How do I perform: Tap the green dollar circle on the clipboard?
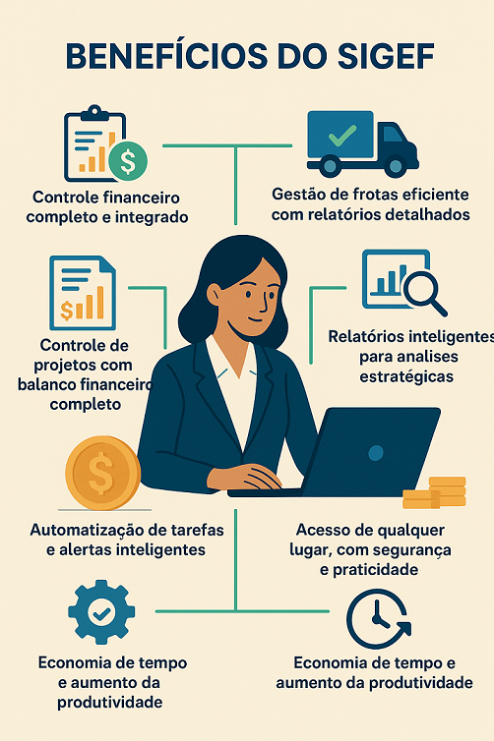click(x=128, y=160)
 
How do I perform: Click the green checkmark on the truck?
click(x=342, y=135)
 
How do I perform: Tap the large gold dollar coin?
click(x=102, y=473)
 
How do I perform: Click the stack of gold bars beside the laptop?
click(x=434, y=493)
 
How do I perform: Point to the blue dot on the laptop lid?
click(x=376, y=453)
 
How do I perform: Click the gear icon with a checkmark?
click(x=101, y=612)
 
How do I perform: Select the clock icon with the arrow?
click(x=379, y=618)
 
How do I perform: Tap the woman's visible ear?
click(x=214, y=295)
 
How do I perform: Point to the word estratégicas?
click(x=406, y=376)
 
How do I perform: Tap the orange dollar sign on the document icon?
click(x=67, y=310)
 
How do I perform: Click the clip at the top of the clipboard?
click(x=94, y=112)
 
